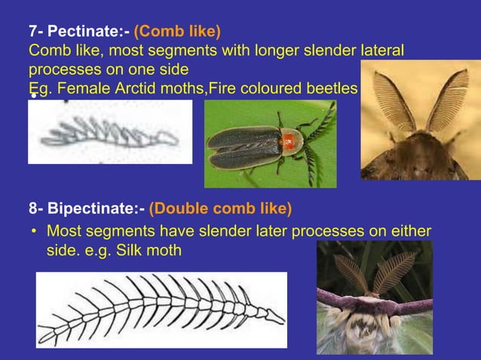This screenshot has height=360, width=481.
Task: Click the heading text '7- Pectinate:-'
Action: [x=78, y=32]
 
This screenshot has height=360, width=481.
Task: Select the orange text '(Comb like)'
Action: [x=177, y=32]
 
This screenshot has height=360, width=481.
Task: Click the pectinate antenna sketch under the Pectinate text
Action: [x=109, y=136]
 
